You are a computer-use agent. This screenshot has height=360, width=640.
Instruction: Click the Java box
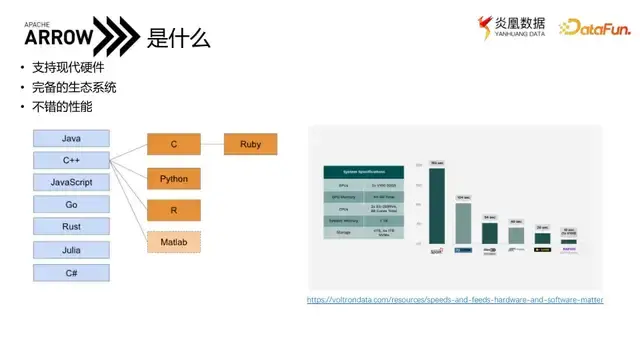coord(71,138)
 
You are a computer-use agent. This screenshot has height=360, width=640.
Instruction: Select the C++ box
coord(71,160)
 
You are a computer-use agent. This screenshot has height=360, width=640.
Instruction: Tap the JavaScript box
coord(71,182)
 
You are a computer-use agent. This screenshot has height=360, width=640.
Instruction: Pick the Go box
coord(71,204)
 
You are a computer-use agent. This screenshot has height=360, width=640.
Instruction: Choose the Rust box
coord(71,227)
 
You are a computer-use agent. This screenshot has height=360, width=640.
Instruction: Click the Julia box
coord(71,249)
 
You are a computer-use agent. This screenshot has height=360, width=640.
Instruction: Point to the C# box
coord(71,272)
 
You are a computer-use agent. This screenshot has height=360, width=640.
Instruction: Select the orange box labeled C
coord(174,145)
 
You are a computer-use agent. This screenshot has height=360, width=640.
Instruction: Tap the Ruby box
coord(250,145)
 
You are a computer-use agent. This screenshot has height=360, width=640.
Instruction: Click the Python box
coord(174,179)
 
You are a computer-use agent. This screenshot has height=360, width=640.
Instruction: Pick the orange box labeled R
coord(174,210)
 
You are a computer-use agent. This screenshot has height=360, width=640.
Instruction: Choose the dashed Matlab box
coord(174,242)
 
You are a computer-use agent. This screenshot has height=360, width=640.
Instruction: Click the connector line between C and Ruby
coord(212,145)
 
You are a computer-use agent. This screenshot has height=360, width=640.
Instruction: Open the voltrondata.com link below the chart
coord(455,300)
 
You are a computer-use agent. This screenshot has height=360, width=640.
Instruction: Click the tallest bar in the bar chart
coord(436,205)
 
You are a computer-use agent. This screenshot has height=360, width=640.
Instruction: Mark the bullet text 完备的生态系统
coord(74,87)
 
